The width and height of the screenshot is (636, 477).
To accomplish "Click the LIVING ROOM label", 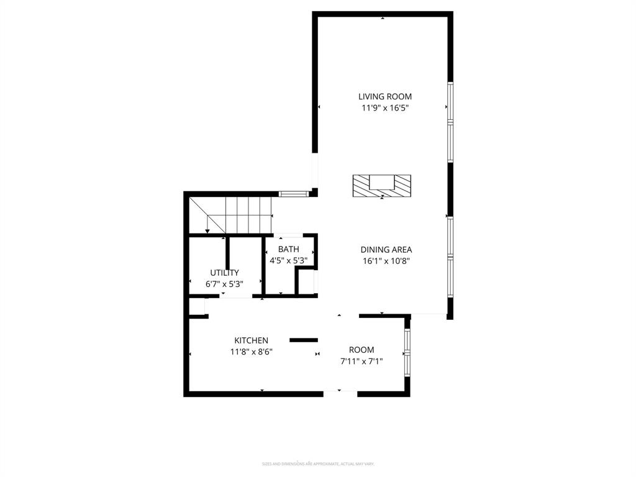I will tap(385, 96).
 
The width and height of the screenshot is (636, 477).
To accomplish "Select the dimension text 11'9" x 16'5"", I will tap(385, 107).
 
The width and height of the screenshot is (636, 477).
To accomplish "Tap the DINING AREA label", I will tap(386, 250).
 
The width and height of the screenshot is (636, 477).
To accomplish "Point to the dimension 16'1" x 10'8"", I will tap(386, 261).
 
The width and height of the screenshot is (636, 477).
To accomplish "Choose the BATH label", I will tap(288, 249).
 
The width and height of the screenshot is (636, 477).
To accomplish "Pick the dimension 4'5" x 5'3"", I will tap(288, 260).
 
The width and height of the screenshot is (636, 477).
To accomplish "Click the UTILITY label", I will tap(224, 273).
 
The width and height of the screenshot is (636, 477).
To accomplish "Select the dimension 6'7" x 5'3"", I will tap(224, 284).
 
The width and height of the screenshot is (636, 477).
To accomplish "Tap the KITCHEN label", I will tap(251, 340).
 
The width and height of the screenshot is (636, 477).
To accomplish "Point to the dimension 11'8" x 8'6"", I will tap(251, 352).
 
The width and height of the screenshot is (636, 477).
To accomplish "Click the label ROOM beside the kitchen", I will tap(361, 350).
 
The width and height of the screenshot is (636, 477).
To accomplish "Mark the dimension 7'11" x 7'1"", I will tap(361, 361).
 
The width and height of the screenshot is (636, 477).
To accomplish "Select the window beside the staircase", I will tap(293, 194).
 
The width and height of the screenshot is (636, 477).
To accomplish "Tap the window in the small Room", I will tap(407, 352).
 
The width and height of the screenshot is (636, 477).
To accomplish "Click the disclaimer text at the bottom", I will tap(317, 464).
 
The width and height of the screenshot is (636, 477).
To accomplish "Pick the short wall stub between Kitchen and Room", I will tap(304, 340).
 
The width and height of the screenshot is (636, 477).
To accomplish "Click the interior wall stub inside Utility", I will tap(228, 253).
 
